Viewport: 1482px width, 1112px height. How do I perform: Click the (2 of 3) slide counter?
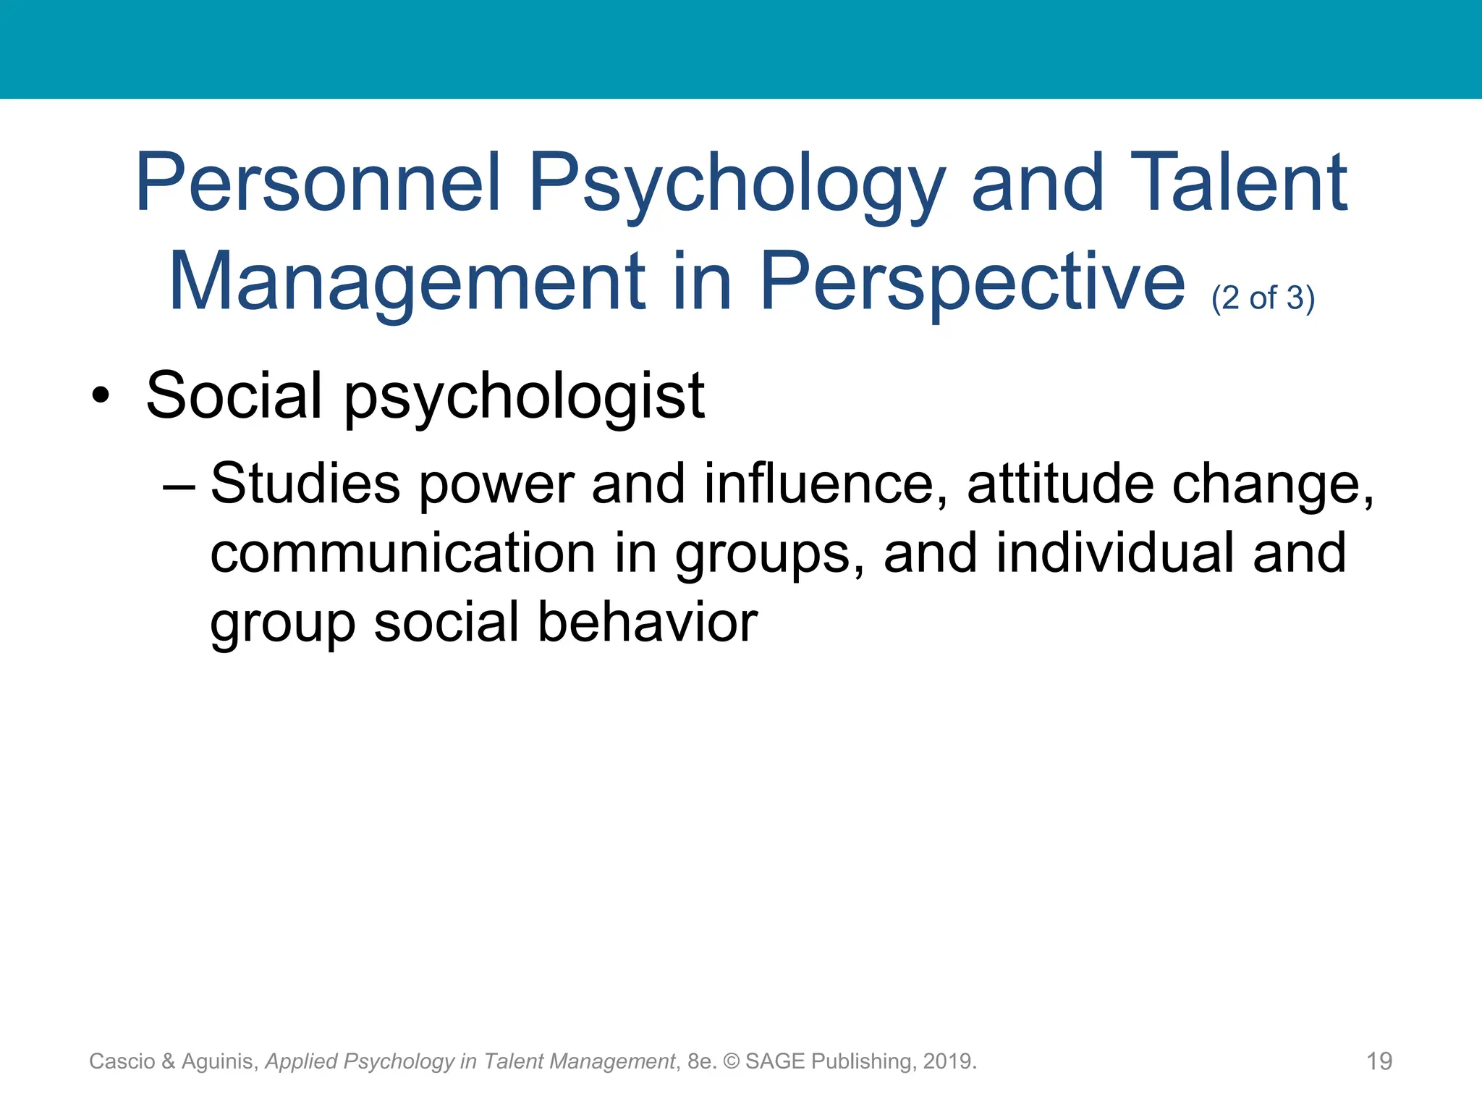point(1263,298)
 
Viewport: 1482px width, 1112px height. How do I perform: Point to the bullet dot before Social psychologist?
point(101,396)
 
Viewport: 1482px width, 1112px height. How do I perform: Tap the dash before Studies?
point(178,484)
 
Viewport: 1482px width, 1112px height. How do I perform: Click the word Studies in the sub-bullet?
point(305,484)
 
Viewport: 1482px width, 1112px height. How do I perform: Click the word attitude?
point(1060,484)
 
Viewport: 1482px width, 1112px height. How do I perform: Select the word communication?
point(403,553)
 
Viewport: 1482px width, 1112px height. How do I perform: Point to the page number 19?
point(1379,1061)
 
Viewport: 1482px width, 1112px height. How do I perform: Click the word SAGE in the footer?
point(775,1061)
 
